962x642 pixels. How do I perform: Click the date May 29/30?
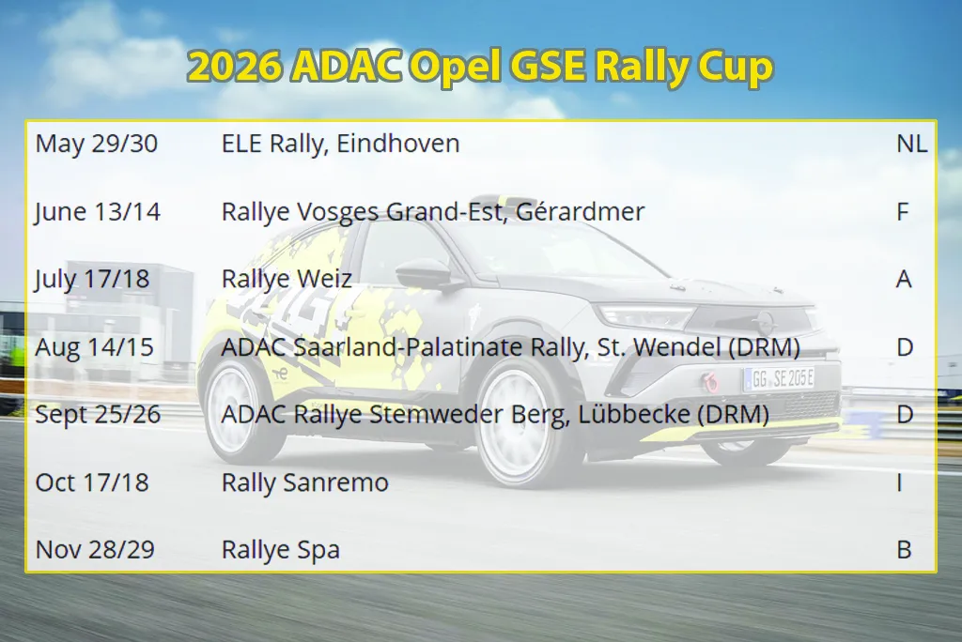pyautogui.click(x=97, y=144)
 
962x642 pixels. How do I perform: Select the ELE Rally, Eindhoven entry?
pyautogui.click(x=340, y=145)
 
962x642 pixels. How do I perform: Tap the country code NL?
pyautogui.click(x=911, y=144)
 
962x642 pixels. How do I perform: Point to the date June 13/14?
pyautogui.click(x=98, y=212)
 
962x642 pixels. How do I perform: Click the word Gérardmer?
pyautogui.click(x=581, y=211)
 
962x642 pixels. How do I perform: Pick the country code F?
pyautogui.click(x=902, y=211)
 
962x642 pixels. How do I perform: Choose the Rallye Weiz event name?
pyautogui.click(x=287, y=280)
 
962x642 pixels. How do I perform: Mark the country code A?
pyautogui.click(x=904, y=279)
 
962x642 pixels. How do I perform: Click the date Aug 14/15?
pyautogui.click(x=95, y=347)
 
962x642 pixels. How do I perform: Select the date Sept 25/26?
pyautogui.click(x=98, y=415)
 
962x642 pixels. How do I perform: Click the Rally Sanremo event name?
pyautogui.click(x=305, y=482)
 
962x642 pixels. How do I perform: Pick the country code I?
pyautogui.click(x=899, y=482)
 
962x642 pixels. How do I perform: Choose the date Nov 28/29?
pyautogui.click(x=95, y=549)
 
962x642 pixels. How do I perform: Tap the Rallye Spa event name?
pyautogui.click(x=280, y=550)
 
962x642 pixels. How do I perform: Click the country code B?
pyautogui.click(x=904, y=549)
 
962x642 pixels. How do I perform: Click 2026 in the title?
pyautogui.click(x=235, y=66)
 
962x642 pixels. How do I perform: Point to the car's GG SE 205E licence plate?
pyautogui.click(x=779, y=379)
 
